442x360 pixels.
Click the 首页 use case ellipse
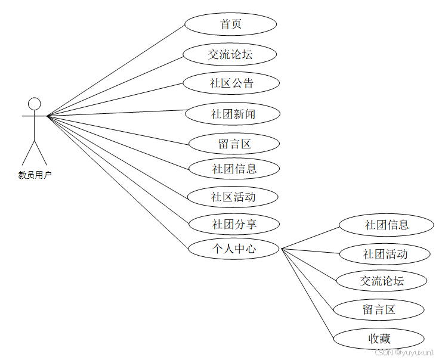230,24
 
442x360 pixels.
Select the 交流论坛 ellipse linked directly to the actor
230,54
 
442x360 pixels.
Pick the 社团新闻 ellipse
233,114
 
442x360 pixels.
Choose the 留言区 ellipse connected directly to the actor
234,144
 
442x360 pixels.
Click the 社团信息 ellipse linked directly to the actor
234,169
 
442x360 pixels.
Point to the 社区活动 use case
233,196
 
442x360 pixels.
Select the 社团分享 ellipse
234,224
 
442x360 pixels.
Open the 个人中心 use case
234,249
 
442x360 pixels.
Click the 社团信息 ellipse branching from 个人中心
386,225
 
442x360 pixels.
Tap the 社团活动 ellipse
385,254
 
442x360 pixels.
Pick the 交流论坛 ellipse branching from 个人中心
381,281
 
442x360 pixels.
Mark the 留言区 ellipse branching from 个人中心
379,309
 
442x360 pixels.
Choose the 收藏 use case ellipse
379,339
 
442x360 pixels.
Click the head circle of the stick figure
35,104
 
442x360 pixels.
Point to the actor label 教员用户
35,175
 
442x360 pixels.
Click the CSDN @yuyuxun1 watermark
404,353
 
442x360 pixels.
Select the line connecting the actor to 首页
116,70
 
